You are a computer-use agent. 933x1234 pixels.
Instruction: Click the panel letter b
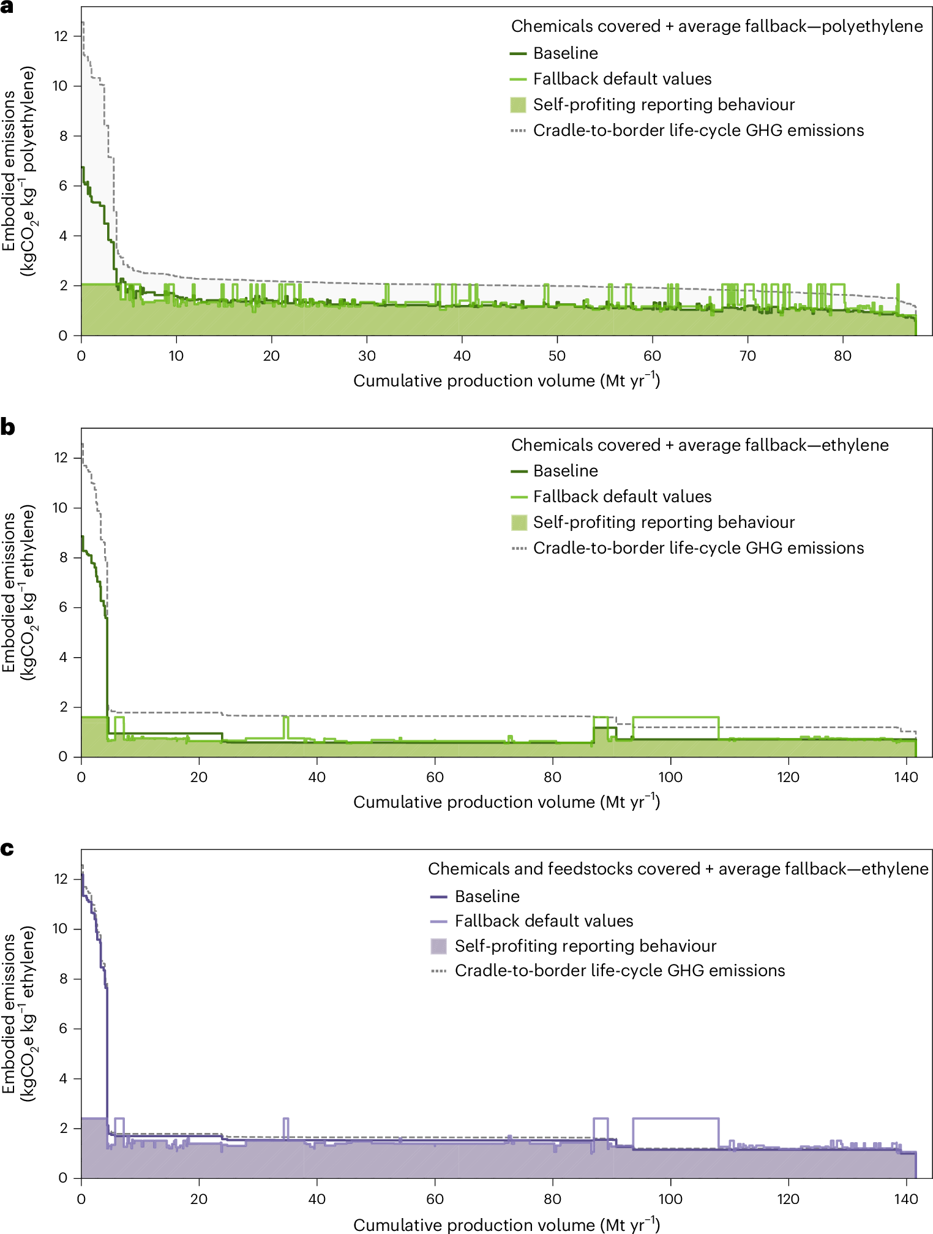[x=7, y=427]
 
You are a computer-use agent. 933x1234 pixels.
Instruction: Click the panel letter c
[x=7, y=849]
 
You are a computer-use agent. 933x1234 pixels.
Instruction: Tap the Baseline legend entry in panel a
[x=565, y=53]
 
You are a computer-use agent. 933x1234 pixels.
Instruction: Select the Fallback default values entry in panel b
[x=622, y=497]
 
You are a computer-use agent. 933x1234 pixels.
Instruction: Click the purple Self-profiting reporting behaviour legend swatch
[x=438, y=946]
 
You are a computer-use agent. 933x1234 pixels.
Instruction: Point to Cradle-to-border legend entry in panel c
[x=620, y=971]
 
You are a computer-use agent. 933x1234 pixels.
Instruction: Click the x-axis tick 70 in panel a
[x=748, y=356]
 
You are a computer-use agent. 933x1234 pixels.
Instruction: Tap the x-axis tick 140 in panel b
[x=906, y=777]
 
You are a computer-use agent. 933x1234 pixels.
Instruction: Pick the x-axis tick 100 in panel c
[x=670, y=1198]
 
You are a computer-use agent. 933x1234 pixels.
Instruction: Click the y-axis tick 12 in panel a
[x=61, y=36]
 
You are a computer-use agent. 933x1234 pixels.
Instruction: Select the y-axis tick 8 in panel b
[x=63, y=558]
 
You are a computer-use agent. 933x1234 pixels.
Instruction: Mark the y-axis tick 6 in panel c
[x=63, y=1029]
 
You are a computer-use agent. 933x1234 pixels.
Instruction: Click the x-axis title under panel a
[x=506, y=380]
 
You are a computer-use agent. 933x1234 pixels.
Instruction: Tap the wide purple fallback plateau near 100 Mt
[x=675, y=1119]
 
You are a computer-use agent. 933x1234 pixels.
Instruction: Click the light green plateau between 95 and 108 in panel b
[x=675, y=717]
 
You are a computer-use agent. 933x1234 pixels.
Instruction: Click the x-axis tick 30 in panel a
[x=367, y=356]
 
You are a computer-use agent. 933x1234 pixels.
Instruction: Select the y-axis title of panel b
[x=18, y=592]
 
